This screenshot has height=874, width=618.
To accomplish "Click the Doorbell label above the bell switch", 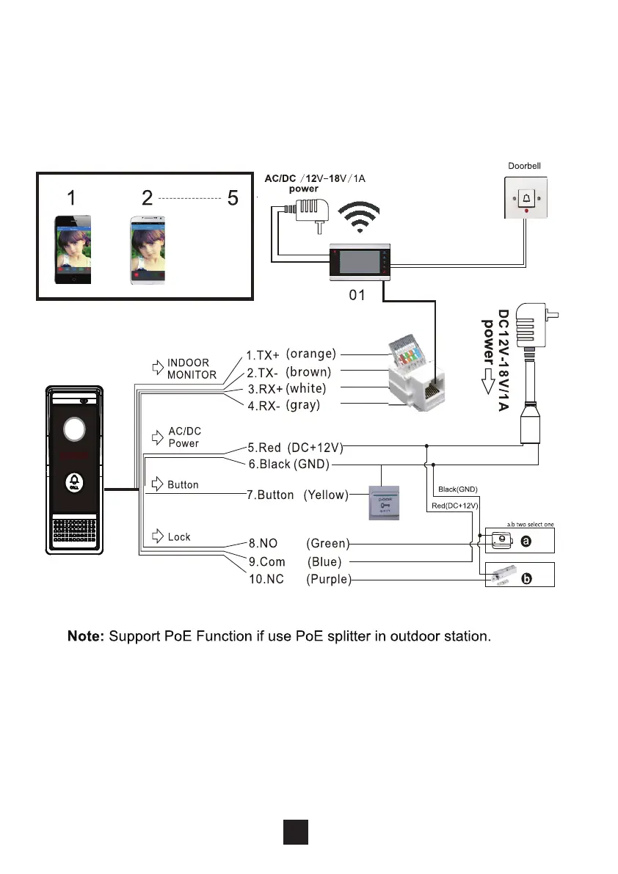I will point(525,167).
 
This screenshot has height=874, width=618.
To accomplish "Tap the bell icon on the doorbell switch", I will point(526,197).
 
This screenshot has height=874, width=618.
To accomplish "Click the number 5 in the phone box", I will point(233,198).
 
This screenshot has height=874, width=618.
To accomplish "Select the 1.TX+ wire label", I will point(263,356).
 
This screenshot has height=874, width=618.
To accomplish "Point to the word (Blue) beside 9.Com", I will point(323,562).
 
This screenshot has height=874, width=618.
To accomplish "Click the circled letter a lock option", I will point(526,541).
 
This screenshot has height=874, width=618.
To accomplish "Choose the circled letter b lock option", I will point(526,579).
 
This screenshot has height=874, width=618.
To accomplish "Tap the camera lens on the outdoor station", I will point(73,429).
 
